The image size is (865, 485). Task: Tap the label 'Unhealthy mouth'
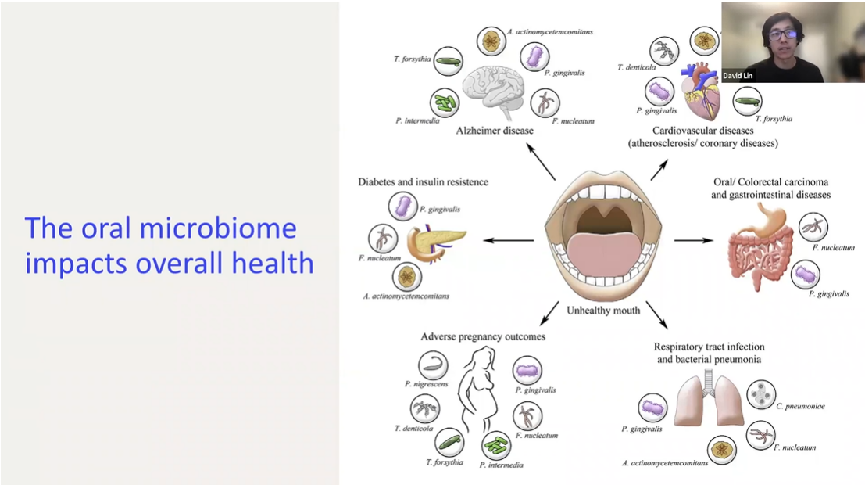click(603, 311)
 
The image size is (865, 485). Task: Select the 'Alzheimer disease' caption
click(495, 131)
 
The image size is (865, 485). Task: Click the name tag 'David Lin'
click(738, 76)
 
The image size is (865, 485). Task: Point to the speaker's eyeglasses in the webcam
click(778, 34)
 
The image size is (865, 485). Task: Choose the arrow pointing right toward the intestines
click(693, 239)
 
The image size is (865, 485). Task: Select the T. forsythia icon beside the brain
click(446, 61)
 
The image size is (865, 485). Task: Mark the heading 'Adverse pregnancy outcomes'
click(483, 336)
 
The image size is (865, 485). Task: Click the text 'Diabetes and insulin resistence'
click(423, 181)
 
